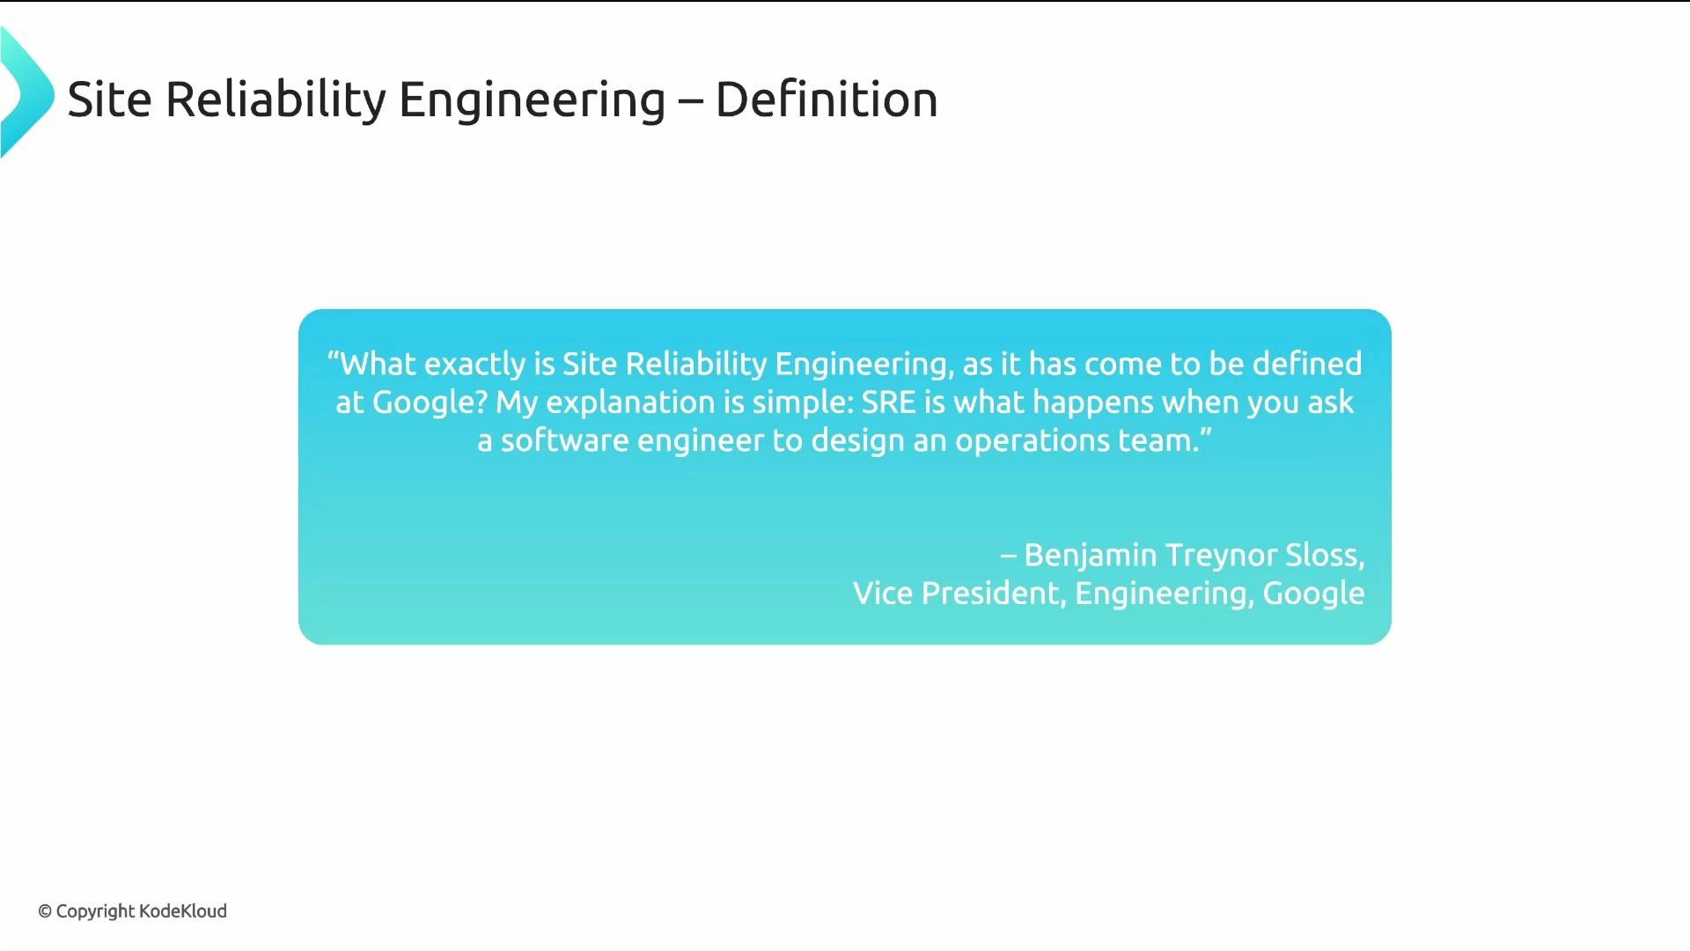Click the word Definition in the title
coord(826,99)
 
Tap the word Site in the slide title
coord(109,99)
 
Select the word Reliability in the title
coord(276,99)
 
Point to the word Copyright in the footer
coord(95,911)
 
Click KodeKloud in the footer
coord(183,911)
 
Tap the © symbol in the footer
coord(45,911)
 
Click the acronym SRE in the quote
coord(888,402)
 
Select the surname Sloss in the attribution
coord(1324,556)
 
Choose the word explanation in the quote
coord(630,402)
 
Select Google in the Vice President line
coord(1313,593)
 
